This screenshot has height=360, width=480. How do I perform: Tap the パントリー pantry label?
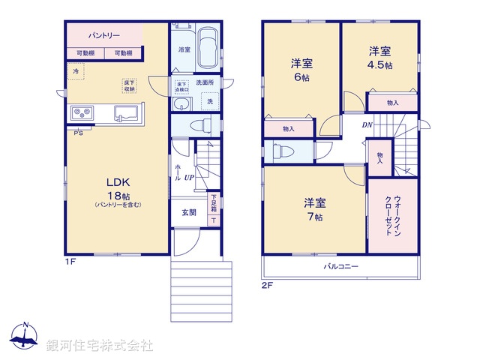tap(103, 35)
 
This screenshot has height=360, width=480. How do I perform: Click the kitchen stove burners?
tap(81, 113)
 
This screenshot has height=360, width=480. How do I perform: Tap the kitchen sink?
tap(125, 114)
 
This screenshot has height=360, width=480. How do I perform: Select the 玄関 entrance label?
tap(188, 212)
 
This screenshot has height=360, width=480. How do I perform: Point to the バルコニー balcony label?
tap(341, 266)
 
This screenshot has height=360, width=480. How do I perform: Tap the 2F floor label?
tap(268, 286)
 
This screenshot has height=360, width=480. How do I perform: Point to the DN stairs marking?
tap(367, 124)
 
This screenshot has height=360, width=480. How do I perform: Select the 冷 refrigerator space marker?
tap(75, 70)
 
